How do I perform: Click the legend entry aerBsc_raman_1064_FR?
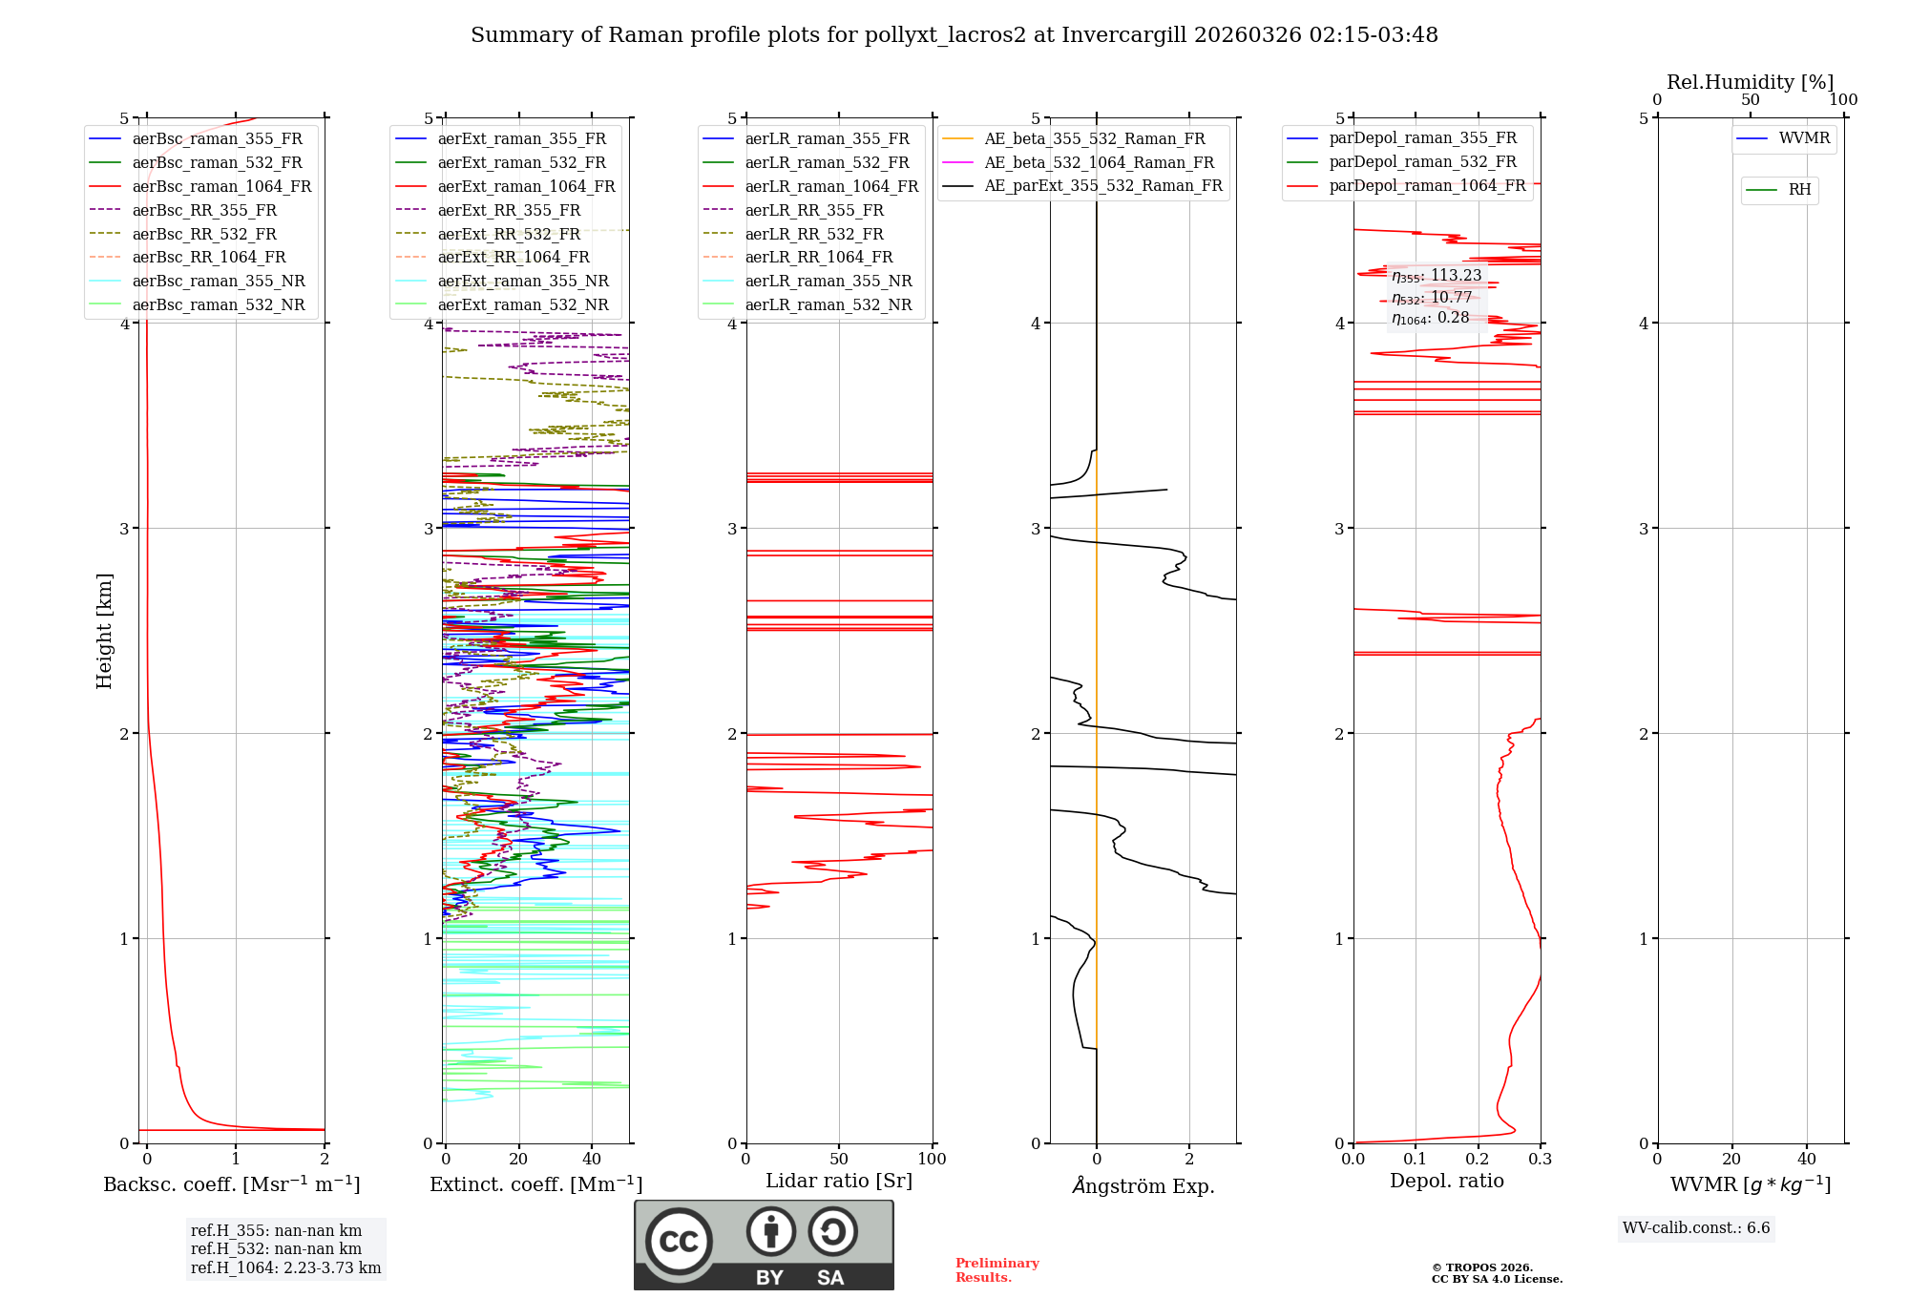point(221,187)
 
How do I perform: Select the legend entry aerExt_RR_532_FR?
point(509,235)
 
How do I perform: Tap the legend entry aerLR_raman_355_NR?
point(829,282)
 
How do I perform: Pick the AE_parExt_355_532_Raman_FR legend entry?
point(1103,186)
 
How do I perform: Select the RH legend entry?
point(1799,190)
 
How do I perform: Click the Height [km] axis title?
point(104,631)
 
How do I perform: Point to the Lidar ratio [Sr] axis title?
point(839,1182)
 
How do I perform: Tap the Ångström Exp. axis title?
point(1143,1186)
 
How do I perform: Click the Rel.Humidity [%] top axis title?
point(1750,82)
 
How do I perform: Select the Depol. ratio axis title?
point(1446,1182)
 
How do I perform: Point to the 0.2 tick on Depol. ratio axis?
point(1478,1160)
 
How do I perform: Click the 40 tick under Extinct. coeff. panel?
point(592,1160)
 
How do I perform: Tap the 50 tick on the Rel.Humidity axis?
point(1750,100)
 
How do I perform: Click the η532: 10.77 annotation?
point(1432,298)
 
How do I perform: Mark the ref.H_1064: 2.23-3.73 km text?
point(285,1268)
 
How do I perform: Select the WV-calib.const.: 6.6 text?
point(1696,1228)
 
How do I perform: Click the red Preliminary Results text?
point(996,1270)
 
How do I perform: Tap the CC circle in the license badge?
point(679,1242)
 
